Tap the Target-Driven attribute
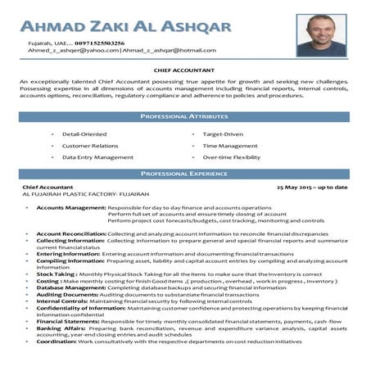coord(223,133)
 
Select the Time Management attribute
coord(228,145)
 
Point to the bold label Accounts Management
coord(70,208)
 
